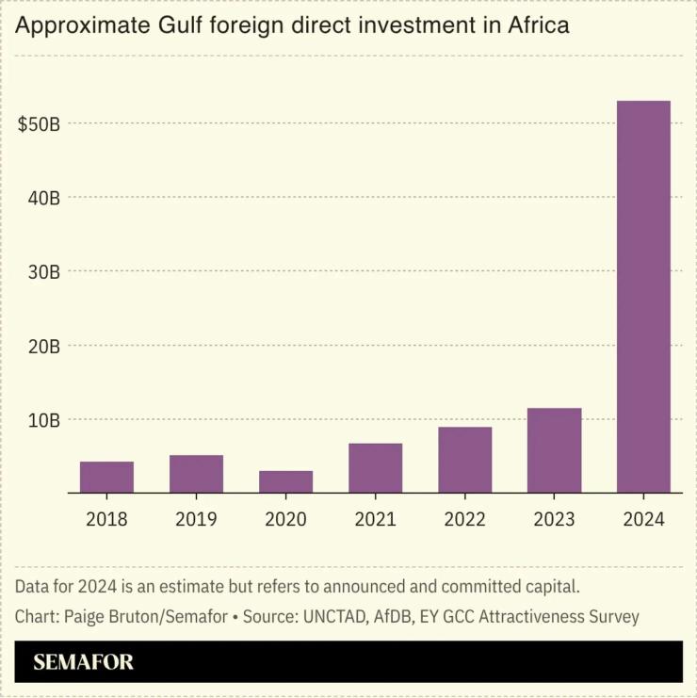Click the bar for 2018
pyautogui.click(x=106, y=478)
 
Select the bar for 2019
pyautogui.click(x=196, y=474)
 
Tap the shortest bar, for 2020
pyautogui.click(x=285, y=481)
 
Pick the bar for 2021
pyautogui.click(x=375, y=468)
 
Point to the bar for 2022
pyautogui.click(x=464, y=460)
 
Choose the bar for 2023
pyautogui.click(x=554, y=450)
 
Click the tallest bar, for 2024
pyautogui.click(x=643, y=297)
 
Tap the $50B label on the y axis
pyautogui.click(x=40, y=124)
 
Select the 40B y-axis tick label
pyautogui.click(x=42, y=199)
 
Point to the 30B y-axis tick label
pyautogui.click(x=42, y=272)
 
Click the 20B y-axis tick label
pyautogui.click(x=42, y=347)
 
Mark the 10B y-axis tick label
pyautogui.click(x=42, y=420)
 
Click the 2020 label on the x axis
pyautogui.click(x=285, y=519)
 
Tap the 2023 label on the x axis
pyautogui.click(x=554, y=519)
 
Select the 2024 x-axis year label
pyautogui.click(x=643, y=519)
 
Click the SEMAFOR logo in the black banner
pyautogui.click(x=83, y=662)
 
